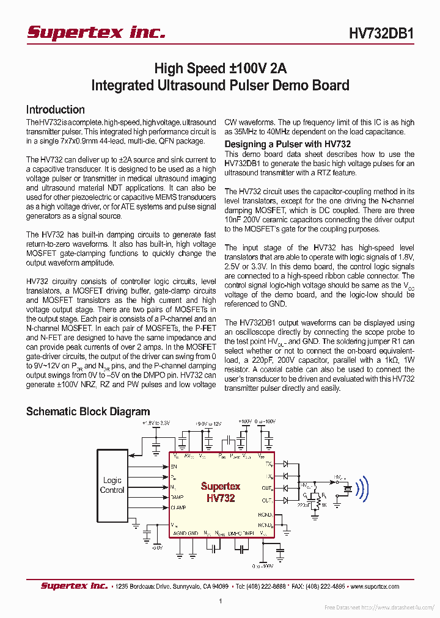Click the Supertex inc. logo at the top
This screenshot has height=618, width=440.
pos(96,32)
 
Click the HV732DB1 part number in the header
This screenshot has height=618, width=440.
pos(382,34)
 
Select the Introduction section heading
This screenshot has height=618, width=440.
pos(56,110)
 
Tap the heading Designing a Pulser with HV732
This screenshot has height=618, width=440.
pos(288,144)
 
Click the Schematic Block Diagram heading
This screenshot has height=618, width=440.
pos(88,412)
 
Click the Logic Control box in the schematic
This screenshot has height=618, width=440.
pos(112,485)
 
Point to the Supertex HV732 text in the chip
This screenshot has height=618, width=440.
pos(221,492)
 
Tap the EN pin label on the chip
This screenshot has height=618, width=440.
pos(174,466)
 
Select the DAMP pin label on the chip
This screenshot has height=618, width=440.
pos(177,497)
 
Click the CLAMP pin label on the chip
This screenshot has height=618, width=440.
pos(178,507)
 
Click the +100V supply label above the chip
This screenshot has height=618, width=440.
pos(244,421)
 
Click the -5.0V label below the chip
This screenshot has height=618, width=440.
pos(157,547)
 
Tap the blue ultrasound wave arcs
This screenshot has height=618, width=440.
pos(363,489)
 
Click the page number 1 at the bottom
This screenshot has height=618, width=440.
pos(220,602)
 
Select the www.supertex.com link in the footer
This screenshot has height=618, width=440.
pos(377,586)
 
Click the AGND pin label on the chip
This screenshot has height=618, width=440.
pos(180,533)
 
